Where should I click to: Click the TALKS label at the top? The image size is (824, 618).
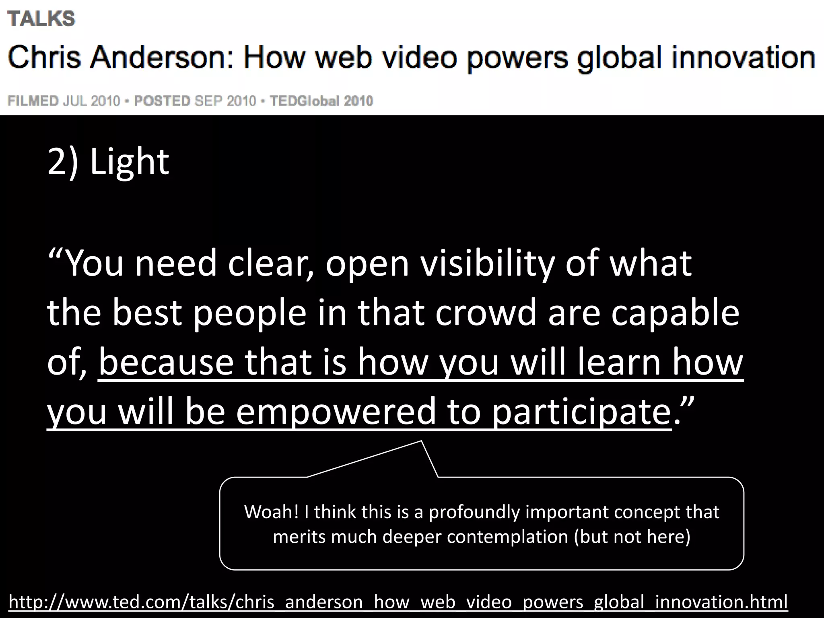(x=41, y=19)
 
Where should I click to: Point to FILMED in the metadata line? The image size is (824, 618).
(x=33, y=101)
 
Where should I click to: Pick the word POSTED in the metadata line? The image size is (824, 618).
(x=162, y=101)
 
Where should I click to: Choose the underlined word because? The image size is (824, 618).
(x=166, y=362)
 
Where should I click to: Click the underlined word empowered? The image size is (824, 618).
(x=336, y=411)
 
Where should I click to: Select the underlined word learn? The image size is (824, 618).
(x=619, y=362)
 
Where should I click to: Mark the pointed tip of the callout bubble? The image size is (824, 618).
(x=421, y=441)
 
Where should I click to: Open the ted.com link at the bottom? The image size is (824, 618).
(x=398, y=602)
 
